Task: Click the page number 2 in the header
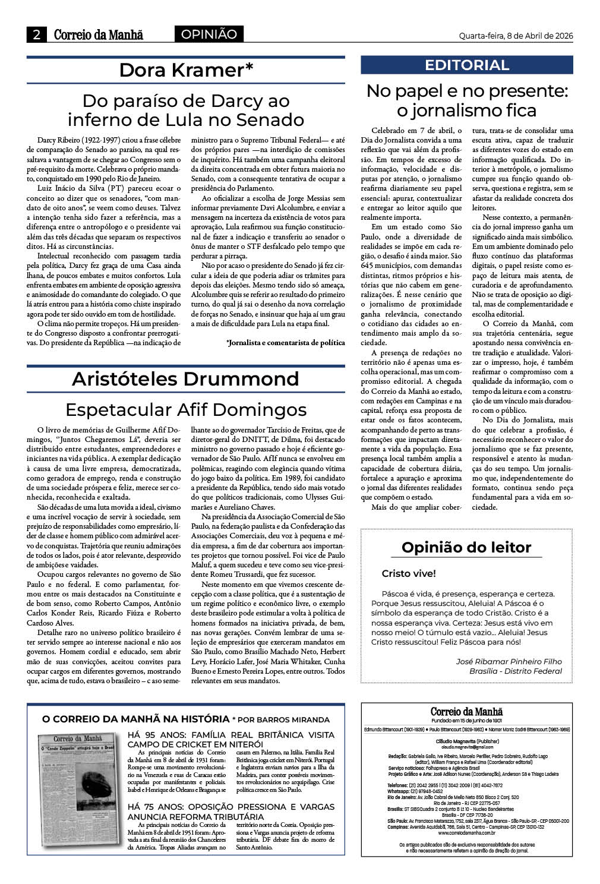tap(37, 35)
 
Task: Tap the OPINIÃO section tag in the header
tap(209, 34)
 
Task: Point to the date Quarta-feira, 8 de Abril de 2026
tap(516, 36)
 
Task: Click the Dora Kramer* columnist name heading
tap(186, 70)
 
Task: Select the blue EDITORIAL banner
tap(467, 65)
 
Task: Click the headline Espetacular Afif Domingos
tap(186, 410)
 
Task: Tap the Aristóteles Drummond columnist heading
tap(186, 379)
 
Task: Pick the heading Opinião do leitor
tap(466, 547)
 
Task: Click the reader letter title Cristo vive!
tap(409, 574)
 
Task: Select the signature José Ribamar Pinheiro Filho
tap(509, 661)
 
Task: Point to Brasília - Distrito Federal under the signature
tap(515, 671)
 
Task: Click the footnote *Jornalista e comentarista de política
tap(285, 343)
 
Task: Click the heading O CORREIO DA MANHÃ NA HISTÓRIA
tap(135, 719)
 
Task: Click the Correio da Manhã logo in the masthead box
tap(467, 712)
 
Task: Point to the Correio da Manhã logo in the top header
tap(99, 35)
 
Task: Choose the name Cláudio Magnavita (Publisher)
tap(467, 741)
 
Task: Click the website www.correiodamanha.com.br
tap(467, 833)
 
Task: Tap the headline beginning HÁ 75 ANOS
tap(231, 812)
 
